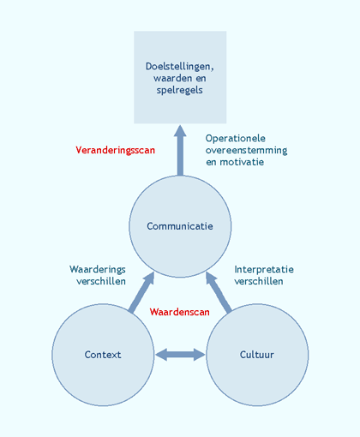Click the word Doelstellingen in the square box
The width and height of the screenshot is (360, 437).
pyautogui.click(x=179, y=67)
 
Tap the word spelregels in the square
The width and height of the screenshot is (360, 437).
pyautogui.click(x=179, y=90)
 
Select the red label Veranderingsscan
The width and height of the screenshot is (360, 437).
pyautogui.click(x=115, y=150)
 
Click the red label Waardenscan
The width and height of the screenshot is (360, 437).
pyautogui.click(x=179, y=312)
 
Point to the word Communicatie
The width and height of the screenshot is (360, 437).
pyautogui.click(x=180, y=226)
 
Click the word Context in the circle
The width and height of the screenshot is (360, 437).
pyautogui.click(x=103, y=355)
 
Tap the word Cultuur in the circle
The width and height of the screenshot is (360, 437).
pyautogui.click(x=257, y=355)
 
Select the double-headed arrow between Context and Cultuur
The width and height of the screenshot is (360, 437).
pyautogui.click(x=180, y=355)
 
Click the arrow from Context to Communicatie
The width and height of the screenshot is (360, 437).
pyautogui.click(x=141, y=292)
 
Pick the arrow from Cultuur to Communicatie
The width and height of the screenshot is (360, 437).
pyautogui.click(x=219, y=292)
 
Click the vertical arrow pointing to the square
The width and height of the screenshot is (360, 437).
pyautogui.click(x=180, y=150)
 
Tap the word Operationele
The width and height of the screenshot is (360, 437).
pyautogui.click(x=236, y=138)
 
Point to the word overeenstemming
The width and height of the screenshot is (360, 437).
pyautogui.click(x=246, y=150)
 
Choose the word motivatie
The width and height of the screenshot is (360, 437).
pyautogui.click(x=242, y=162)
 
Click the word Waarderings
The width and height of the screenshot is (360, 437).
pyautogui.click(x=98, y=269)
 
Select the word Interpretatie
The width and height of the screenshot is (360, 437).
pyautogui.click(x=264, y=269)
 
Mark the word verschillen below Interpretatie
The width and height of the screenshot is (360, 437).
pyautogui.click(x=259, y=281)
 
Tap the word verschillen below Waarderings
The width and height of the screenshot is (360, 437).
pyautogui.click(x=101, y=281)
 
